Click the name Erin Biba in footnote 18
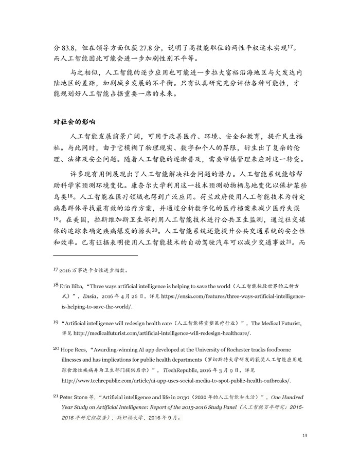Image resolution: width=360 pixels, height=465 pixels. (73, 285)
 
